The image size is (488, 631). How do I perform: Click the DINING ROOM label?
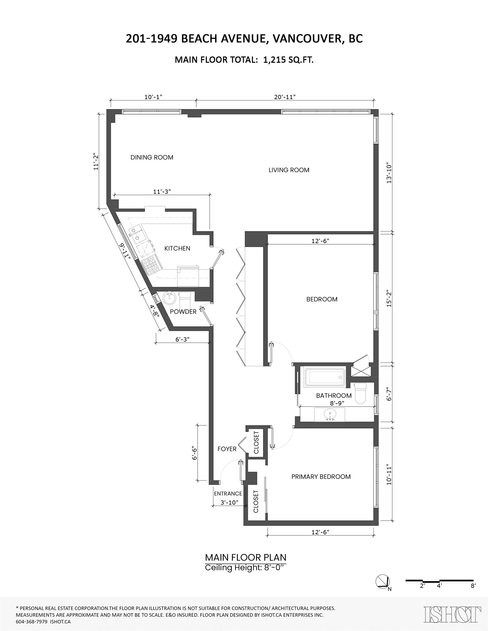click(x=152, y=157)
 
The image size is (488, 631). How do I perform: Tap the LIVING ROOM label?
click(x=289, y=170)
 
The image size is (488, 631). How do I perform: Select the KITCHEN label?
click(x=177, y=248)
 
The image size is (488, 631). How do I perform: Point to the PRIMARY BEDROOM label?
click(x=321, y=477)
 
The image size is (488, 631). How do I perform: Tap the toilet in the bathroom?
click(x=361, y=393)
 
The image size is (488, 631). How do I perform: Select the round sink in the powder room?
click(x=169, y=298)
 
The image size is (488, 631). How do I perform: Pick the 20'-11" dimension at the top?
click(x=285, y=97)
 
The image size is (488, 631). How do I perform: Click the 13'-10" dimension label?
click(x=389, y=173)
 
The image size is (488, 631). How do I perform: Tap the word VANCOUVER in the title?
click(x=308, y=39)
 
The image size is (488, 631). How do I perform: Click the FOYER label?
click(x=227, y=449)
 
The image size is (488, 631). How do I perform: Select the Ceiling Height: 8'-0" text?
click(x=246, y=568)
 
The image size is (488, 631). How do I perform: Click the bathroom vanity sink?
click(x=330, y=414)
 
